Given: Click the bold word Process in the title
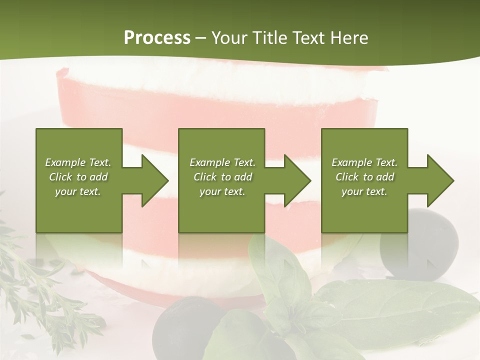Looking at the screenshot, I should [157, 38].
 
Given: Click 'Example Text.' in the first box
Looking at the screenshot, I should [78, 162].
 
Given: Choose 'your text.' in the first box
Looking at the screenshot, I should [78, 191].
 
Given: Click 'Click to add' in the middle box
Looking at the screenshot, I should [222, 177].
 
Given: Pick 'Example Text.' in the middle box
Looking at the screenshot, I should [222, 162].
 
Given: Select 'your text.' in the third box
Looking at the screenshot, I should [364, 191].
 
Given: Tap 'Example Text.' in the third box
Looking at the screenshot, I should [364, 162].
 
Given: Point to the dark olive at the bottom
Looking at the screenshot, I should [182, 325].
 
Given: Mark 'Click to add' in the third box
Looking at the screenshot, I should [364, 177].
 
